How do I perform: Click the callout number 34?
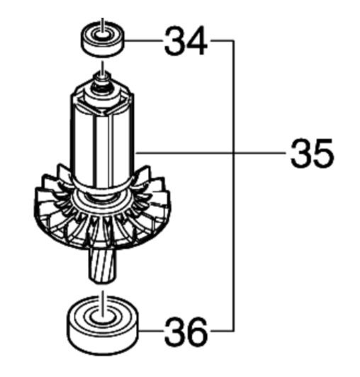pos(186,41)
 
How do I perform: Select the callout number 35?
pos(312,153)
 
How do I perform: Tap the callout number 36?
pos(186,332)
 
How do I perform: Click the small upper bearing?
pos(103,39)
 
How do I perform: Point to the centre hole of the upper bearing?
pos(103,35)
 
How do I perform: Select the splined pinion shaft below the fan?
pos(103,266)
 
